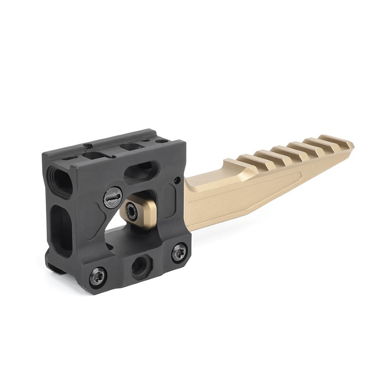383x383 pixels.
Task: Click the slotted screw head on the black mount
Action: (111, 196)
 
